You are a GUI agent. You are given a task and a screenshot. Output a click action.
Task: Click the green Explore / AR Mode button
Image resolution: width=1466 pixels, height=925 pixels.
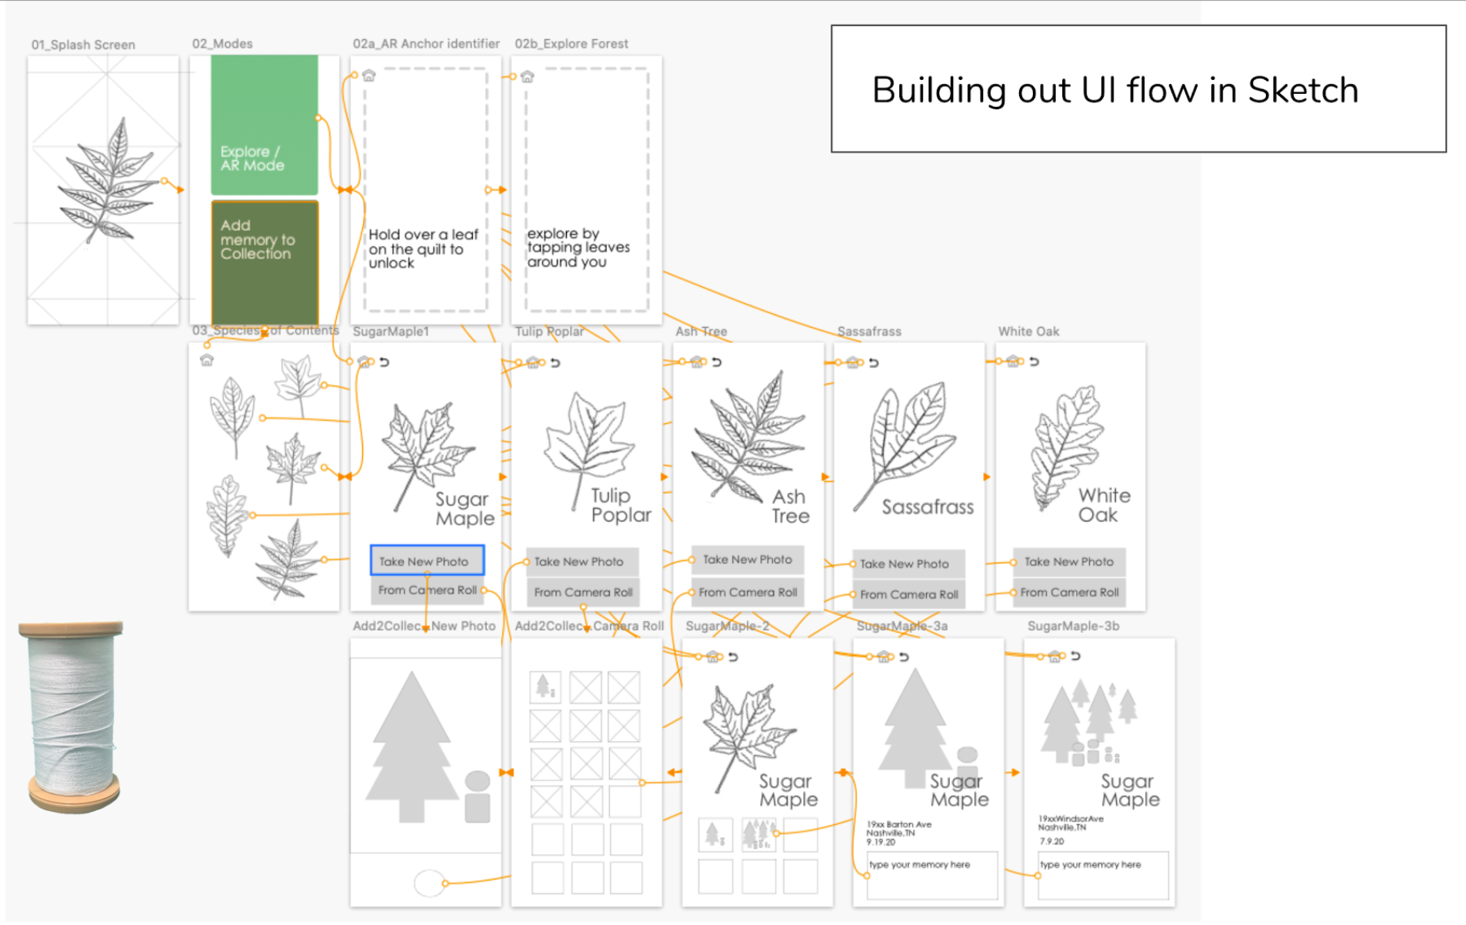pos(264,125)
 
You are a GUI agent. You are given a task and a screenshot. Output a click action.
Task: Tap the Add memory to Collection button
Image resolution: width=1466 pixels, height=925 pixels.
pos(264,262)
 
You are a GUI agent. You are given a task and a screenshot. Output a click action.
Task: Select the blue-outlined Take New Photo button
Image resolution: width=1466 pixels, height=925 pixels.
pos(427,561)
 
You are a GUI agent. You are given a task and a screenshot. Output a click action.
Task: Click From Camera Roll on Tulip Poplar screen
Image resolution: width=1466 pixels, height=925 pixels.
pos(582,593)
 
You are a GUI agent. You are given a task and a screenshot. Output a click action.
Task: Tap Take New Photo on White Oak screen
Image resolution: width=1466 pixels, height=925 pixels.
pos(1068,562)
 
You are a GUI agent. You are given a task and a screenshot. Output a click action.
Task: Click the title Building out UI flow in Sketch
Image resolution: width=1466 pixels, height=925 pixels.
pos(1114,90)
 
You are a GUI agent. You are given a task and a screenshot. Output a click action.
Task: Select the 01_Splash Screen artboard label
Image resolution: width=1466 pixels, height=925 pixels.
pos(83,45)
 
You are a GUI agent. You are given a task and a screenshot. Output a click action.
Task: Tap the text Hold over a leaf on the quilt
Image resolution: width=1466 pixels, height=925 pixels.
pos(422,249)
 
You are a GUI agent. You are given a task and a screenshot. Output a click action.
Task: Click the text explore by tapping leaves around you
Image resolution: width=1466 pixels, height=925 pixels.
pos(578,247)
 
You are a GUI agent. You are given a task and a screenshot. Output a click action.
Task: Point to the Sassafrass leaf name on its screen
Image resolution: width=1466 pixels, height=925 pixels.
pos(928,507)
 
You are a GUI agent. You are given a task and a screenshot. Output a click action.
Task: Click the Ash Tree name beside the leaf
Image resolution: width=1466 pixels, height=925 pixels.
pos(790,506)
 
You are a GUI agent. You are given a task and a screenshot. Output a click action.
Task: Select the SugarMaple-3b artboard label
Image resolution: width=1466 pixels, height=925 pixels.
pos(1073,626)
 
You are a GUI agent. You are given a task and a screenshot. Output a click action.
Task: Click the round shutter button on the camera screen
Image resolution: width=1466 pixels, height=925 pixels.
pos(428,883)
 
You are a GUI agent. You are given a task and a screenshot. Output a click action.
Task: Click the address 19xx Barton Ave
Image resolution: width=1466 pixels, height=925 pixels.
pos(898,825)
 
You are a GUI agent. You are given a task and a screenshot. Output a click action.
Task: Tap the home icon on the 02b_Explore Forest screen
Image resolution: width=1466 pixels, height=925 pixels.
pos(527,77)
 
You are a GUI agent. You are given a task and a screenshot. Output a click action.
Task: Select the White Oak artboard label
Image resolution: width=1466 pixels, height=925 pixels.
pos(1028,332)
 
